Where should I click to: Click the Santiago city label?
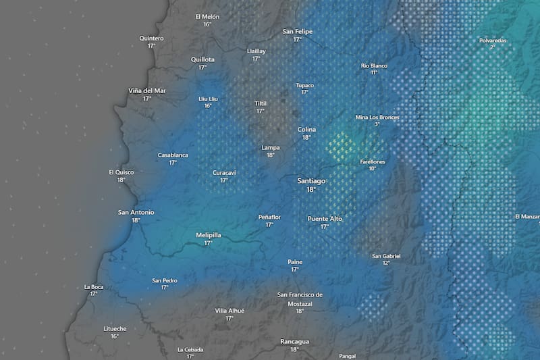tap(311, 181)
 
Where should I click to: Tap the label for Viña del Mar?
tap(147, 91)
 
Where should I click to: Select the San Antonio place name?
tap(136, 212)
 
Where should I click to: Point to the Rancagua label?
tap(294, 342)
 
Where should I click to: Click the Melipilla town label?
tap(209, 235)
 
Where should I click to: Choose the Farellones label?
tap(373, 161)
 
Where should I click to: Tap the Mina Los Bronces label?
tap(377, 117)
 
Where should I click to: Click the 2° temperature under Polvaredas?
tap(493, 47)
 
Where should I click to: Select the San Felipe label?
tap(297, 32)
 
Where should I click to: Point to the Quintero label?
tap(151, 38)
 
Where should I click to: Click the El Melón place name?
tap(207, 16)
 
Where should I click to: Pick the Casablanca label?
tap(173, 155)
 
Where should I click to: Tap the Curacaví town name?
tap(224, 172)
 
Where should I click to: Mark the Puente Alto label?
tap(325, 219)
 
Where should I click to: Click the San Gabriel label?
tap(386, 256)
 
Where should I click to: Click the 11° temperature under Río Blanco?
tap(374, 72)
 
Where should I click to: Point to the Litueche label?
tap(115, 328)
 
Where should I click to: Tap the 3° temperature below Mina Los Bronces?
tap(377, 124)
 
